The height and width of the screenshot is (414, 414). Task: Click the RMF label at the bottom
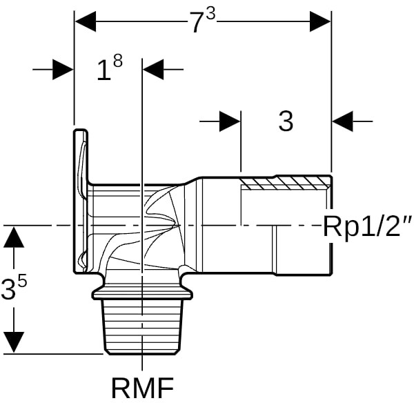[142, 389]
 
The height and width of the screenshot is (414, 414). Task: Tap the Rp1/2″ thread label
[367, 226]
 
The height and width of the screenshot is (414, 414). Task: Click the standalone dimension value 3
[286, 121]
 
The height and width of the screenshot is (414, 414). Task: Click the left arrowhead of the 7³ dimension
[85, 21]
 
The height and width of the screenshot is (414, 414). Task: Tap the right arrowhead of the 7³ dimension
[321, 21]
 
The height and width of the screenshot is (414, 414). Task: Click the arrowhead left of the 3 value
[230, 121]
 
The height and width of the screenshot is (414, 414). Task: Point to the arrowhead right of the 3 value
[342, 121]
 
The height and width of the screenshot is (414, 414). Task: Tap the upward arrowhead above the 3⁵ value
[14, 237]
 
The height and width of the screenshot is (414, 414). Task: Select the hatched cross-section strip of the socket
[286, 184]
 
